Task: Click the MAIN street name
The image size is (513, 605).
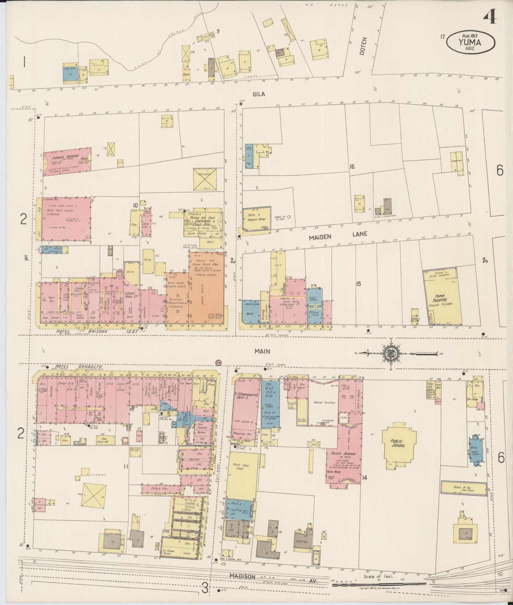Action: click(262, 351)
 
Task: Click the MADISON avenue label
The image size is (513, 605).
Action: click(242, 577)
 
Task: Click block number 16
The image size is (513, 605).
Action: click(352, 167)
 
